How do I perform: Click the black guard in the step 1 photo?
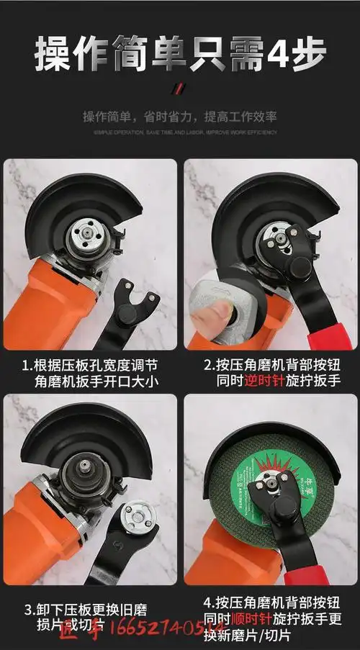coord(79,202)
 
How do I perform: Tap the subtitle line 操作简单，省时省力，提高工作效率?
coord(179,117)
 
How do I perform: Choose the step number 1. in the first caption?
coord(26,364)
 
